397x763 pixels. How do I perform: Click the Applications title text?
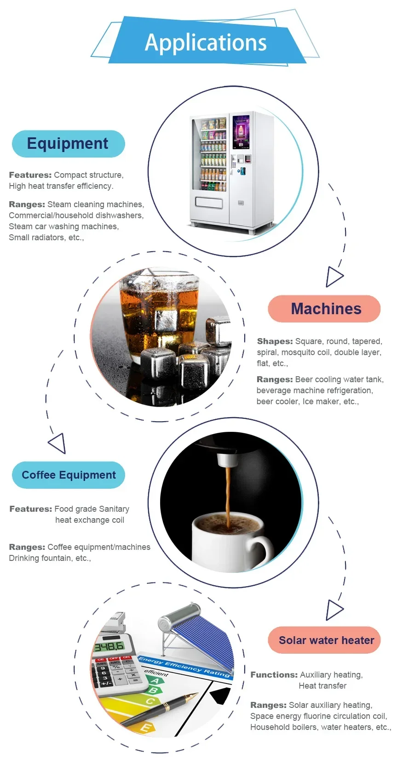(x=206, y=43)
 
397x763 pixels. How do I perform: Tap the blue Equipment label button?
(x=68, y=144)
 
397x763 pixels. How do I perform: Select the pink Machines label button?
(x=324, y=309)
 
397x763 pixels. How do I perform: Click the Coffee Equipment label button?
(x=69, y=475)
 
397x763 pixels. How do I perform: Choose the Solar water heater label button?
(x=325, y=640)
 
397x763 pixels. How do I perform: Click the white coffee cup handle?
(x=261, y=548)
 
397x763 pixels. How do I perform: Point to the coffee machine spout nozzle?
(x=226, y=460)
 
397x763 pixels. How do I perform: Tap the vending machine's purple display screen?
(x=241, y=132)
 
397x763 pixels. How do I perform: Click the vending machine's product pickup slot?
(x=209, y=202)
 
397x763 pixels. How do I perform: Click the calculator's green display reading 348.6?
(x=109, y=647)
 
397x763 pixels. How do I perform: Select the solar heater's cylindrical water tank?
(x=179, y=616)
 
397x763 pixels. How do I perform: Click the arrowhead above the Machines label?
(x=334, y=277)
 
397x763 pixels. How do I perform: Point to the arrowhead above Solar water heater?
(x=334, y=610)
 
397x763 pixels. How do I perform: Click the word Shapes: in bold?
(x=275, y=341)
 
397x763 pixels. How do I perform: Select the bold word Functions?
(x=274, y=675)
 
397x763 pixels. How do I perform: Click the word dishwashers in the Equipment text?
(x=119, y=215)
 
